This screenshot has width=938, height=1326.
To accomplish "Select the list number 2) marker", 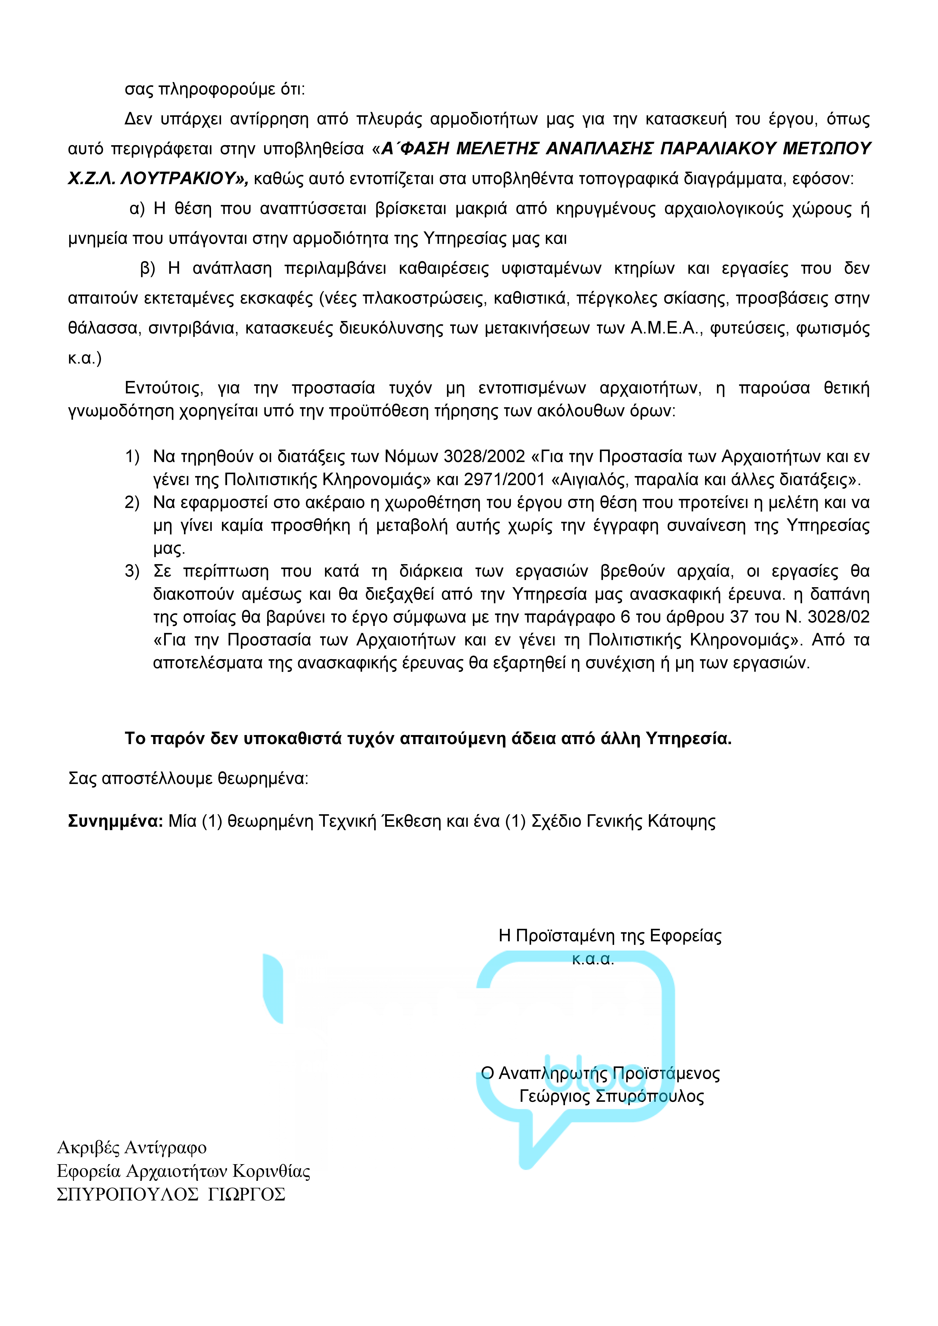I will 132,502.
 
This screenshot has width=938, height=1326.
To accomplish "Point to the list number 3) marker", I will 132,571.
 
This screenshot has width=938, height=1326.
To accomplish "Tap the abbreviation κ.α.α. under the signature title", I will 593,959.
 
